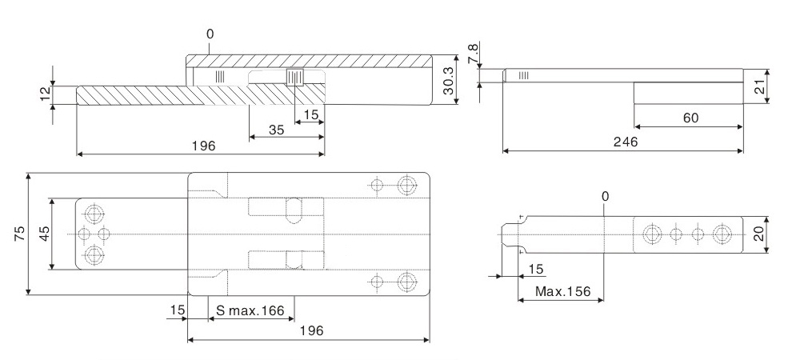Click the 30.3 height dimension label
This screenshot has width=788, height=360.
tap(449, 81)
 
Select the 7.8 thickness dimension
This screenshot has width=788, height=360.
tap(473, 54)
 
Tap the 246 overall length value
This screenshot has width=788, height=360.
tap(625, 142)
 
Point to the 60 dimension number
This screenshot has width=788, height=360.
tap(691, 118)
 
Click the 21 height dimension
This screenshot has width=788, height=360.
tap(760, 87)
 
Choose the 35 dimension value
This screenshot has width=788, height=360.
tap(276, 130)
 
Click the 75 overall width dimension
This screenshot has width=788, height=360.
tap(19, 234)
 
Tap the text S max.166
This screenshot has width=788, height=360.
tap(250, 310)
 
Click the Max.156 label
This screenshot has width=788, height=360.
tap(562, 292)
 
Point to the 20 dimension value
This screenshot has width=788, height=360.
tap(759, 234)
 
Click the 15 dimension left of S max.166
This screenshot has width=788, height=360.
tap(178, 310)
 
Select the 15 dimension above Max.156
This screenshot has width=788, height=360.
tap(536, 270)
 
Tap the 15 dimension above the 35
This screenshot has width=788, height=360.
tap(311, 115)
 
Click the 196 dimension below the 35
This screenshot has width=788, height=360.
tap(203, 146)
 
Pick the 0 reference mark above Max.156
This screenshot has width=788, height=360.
tap(605, 196)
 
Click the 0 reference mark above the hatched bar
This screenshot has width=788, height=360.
tap(210, 34)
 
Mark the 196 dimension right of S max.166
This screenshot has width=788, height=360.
tap(311, 331)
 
